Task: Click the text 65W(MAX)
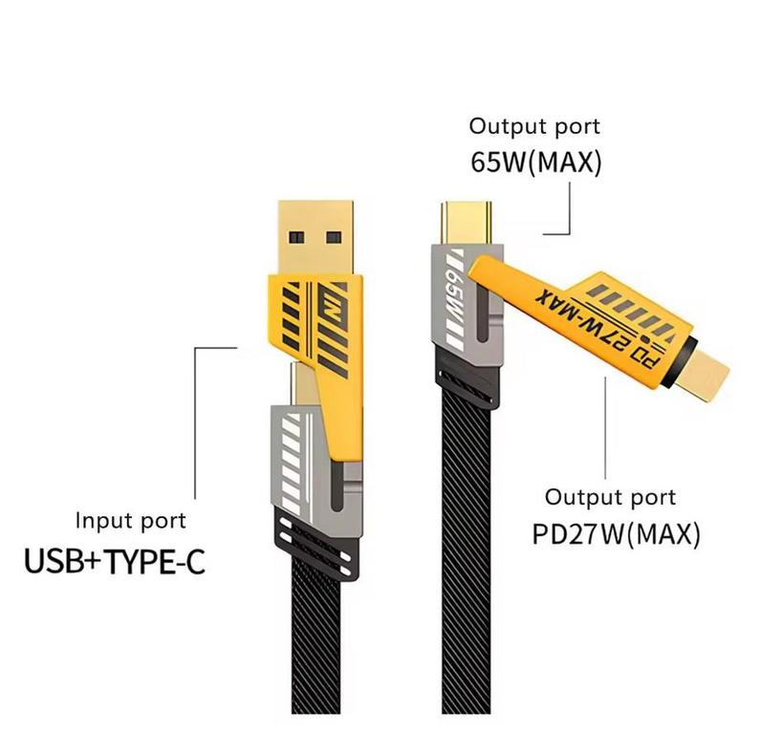[x=536, y=162]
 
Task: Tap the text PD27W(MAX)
[x=617, y=534]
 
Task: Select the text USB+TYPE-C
[x=115, y=561]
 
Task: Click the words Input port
[x=131, y=522]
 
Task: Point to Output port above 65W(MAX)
[x=534, y=127]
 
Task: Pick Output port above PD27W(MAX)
[x=611, y=498]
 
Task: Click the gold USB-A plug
[x=315, y=237]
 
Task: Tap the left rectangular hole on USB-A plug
[x=296, y=237]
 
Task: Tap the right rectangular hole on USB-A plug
[x=334, y=237]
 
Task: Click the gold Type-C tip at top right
[x=467, y=224]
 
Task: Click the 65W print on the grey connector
[x=454, y=300]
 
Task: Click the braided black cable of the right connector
[x=467, y=549]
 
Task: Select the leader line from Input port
[x=195, y=422]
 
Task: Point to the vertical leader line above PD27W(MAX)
[x=605, y=428]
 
